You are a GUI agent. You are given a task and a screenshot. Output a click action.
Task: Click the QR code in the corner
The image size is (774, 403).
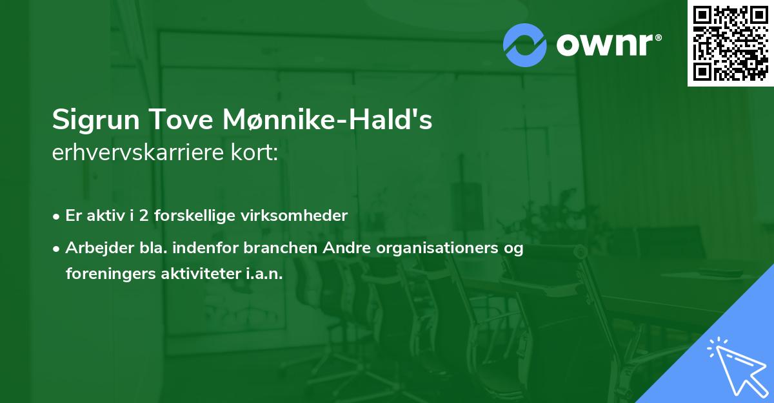click(x=730, y=43)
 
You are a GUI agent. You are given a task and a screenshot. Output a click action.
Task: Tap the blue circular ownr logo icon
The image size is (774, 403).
click(x=525, y=45)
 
